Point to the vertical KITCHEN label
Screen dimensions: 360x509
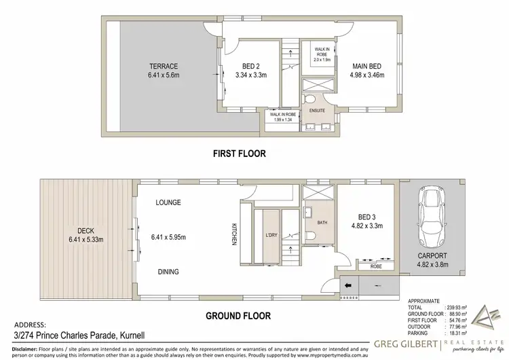pyautogui.click(x=233, y=234)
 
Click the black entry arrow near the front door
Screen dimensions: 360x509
pyautogui.click(x=348, y=285)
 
